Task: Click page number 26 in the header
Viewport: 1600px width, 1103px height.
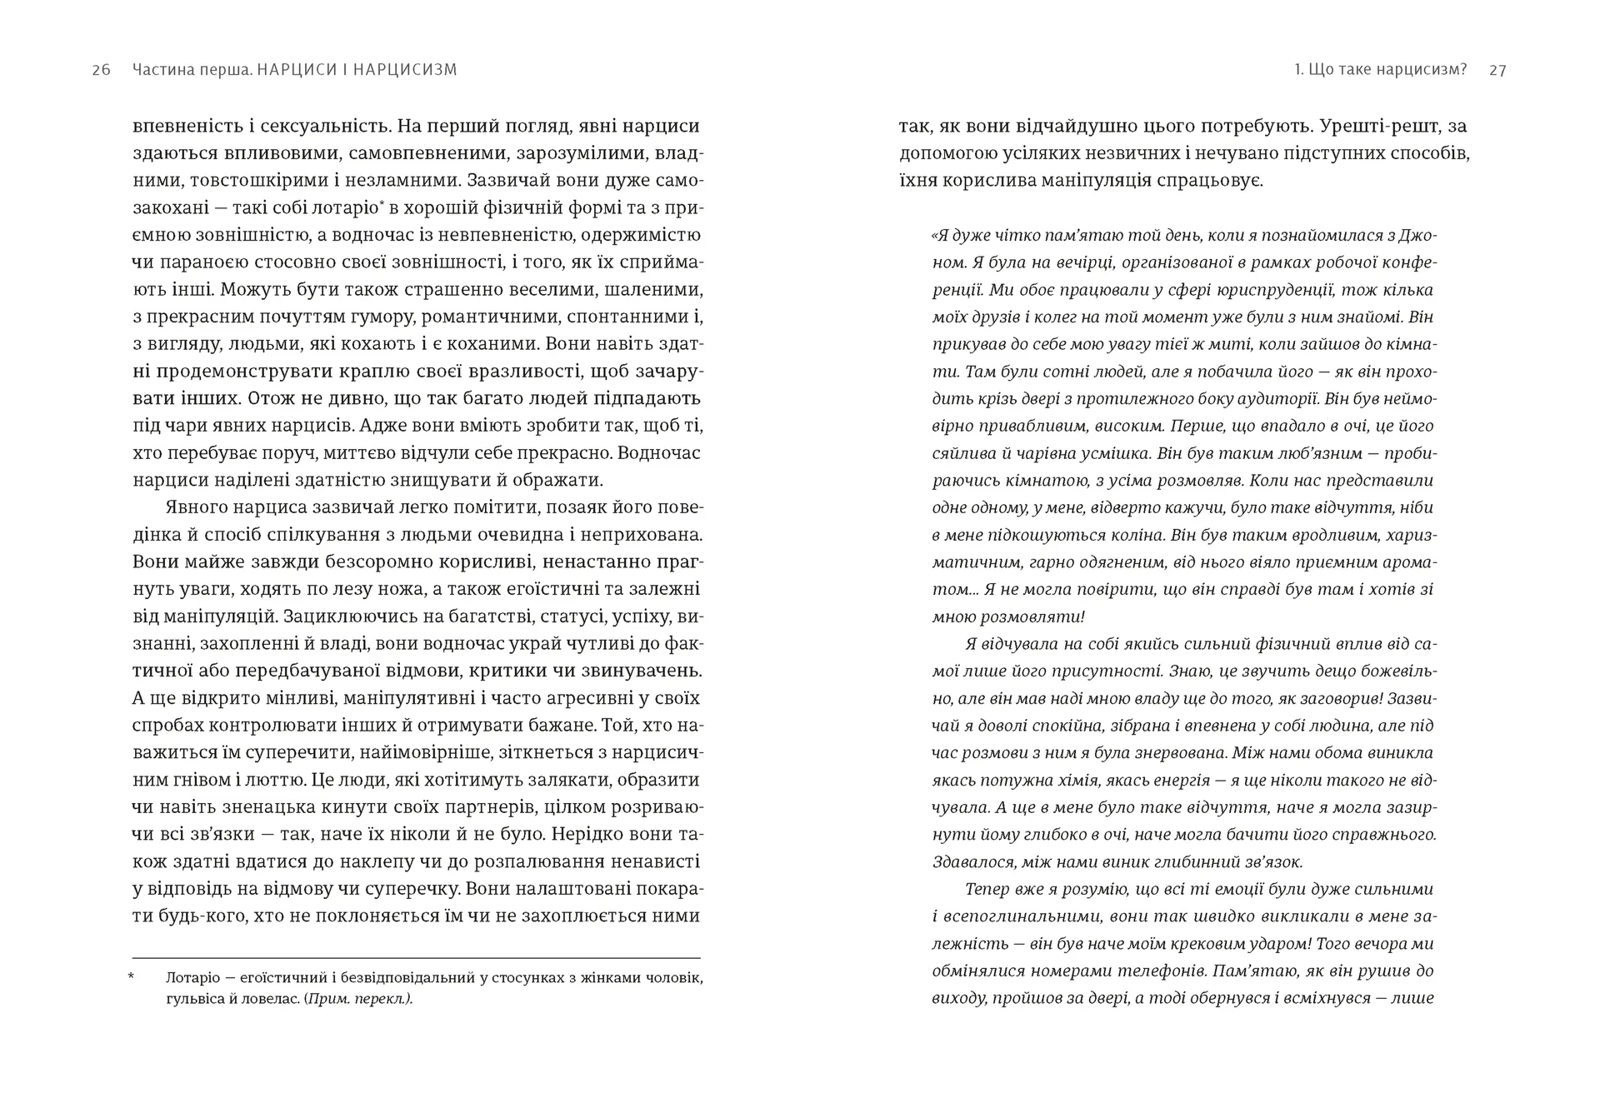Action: (101, 70)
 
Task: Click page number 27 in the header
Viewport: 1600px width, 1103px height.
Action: (1497, 70)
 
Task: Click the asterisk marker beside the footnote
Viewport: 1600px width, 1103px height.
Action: (132, 976)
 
